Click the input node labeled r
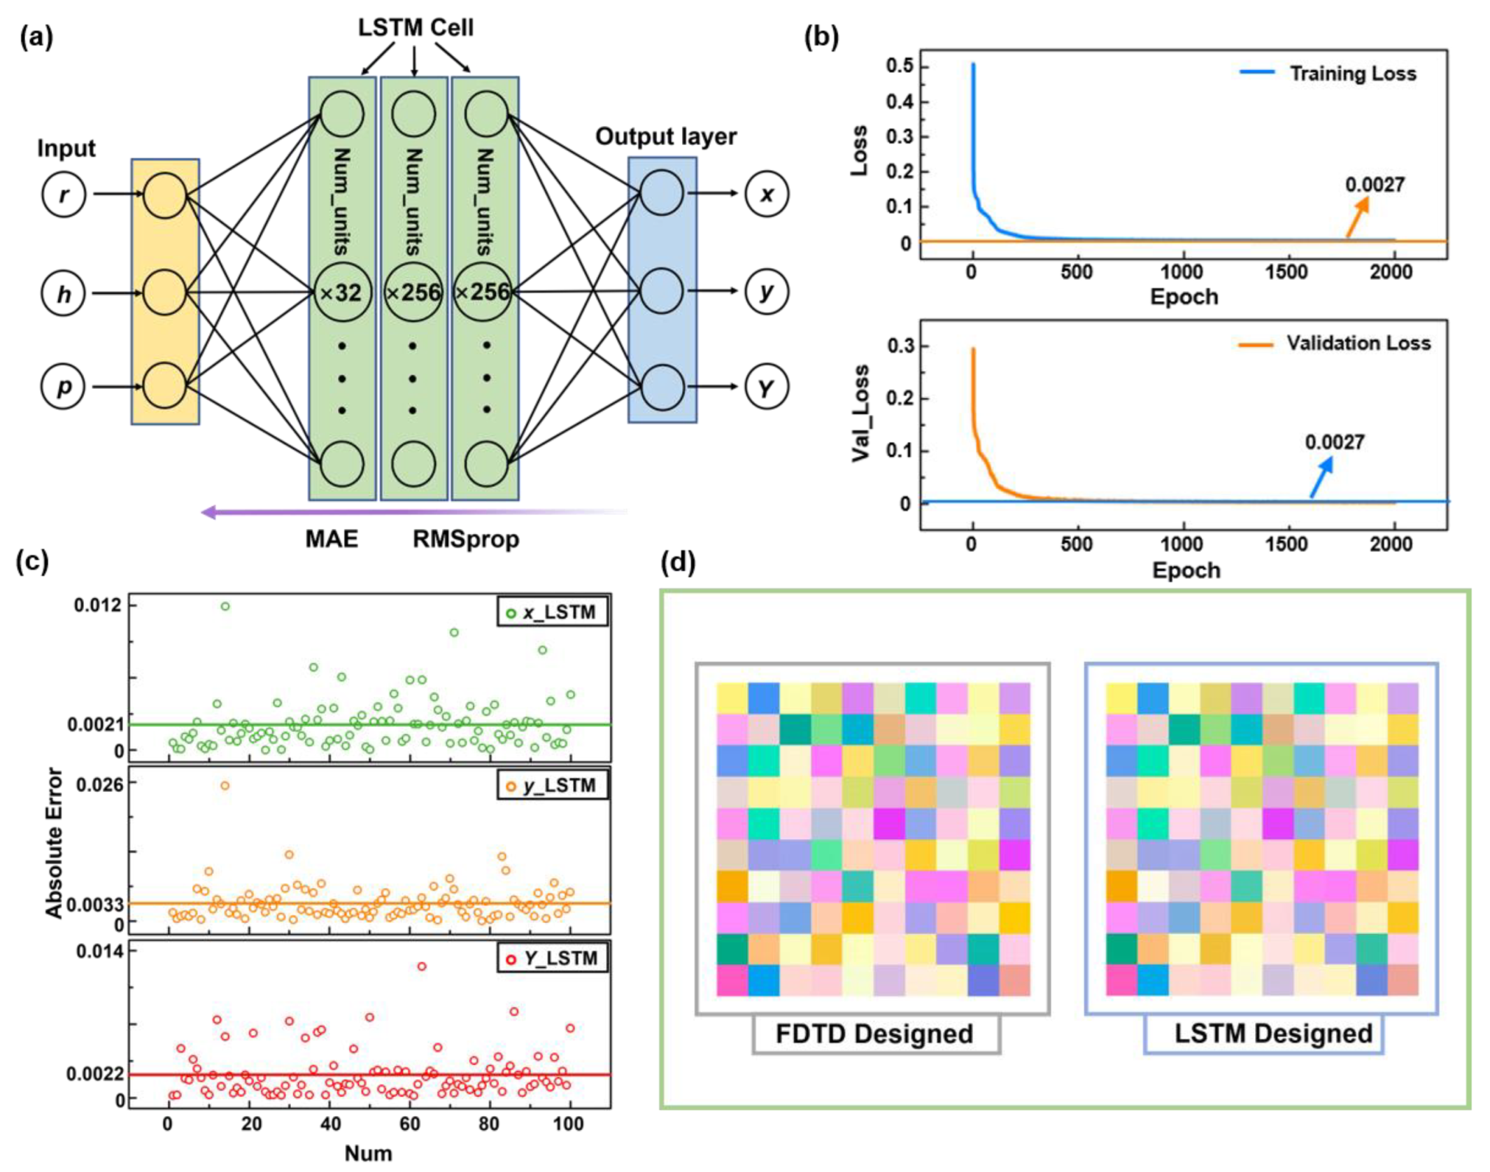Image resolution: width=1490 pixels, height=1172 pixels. point(64,195)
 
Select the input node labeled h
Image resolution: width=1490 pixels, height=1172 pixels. point(64,293)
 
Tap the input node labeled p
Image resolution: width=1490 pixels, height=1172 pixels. point(64,386)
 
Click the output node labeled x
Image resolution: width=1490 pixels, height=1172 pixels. point(767,194)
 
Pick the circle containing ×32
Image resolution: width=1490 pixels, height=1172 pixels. point(341,292)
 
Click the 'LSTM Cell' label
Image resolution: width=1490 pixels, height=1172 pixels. point(416,28)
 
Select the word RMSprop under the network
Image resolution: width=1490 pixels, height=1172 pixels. point(466,539)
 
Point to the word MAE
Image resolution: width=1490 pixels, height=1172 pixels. point(332,539)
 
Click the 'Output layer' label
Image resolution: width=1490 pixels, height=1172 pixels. point(665,136)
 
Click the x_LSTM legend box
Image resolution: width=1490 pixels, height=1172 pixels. point(553,612)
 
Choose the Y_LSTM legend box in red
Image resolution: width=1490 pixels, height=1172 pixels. point(553,958)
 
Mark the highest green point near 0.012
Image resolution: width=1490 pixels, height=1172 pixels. point(225,606)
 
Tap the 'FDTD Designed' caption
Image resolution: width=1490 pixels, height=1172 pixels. point(874,1034)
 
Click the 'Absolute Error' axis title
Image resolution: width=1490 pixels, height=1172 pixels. point(54,843)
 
